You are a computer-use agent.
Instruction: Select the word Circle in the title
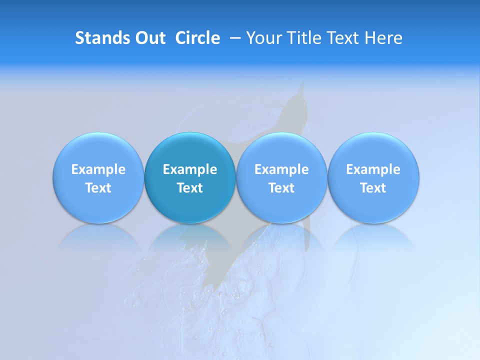click(x=197, y=38)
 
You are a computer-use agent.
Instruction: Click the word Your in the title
click(x=263, y=38)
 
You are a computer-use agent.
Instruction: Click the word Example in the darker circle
click(x=190, y=169)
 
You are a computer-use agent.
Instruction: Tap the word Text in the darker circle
click(x=190, y=188)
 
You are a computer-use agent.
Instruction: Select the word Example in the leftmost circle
click(x=98, y=169)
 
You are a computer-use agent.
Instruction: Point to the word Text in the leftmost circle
click(x=98, y=188)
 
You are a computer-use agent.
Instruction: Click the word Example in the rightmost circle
click(x=373, y=169)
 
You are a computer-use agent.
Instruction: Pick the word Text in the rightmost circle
click(x=373, y=188)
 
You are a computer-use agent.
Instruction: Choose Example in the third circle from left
click(x=281, y=169)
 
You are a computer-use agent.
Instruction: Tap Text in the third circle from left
click(x=281, y=188)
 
